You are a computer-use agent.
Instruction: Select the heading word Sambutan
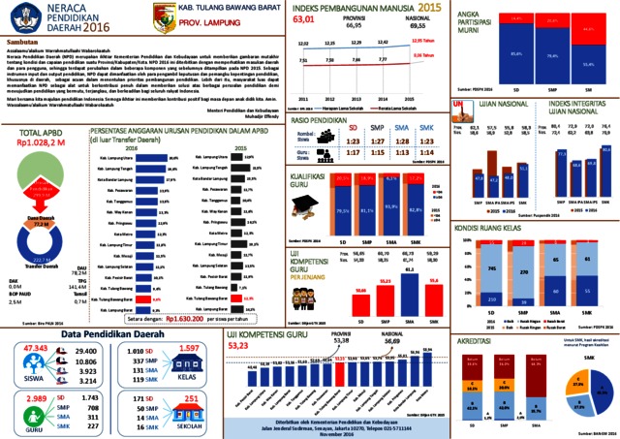(23, 44)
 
